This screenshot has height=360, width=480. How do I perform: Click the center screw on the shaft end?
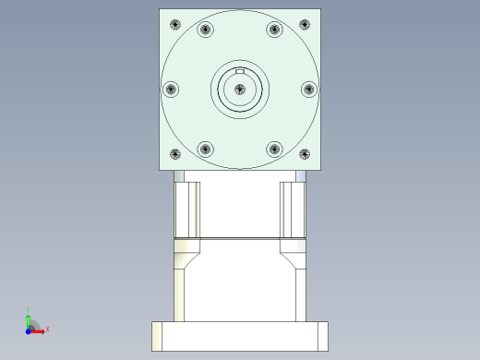click(x=240, y=89)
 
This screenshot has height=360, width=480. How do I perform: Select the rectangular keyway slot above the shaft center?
click(x=240, y=71)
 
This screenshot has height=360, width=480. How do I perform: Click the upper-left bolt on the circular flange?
click(x=205, y=30)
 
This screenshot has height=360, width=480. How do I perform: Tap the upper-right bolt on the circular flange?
click(x=274, y=30)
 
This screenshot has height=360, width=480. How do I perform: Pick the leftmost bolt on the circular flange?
click(x=171, y=90)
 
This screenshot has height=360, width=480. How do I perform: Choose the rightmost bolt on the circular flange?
click(x=308, y=90)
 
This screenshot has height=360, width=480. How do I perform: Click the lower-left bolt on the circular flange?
click(x=205, y=149)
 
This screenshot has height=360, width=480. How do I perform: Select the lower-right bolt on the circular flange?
click(x=274, y=149)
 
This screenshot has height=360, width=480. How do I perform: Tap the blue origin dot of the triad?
click(x=28, y=329)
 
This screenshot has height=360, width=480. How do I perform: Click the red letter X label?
click(x=47, y=329)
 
